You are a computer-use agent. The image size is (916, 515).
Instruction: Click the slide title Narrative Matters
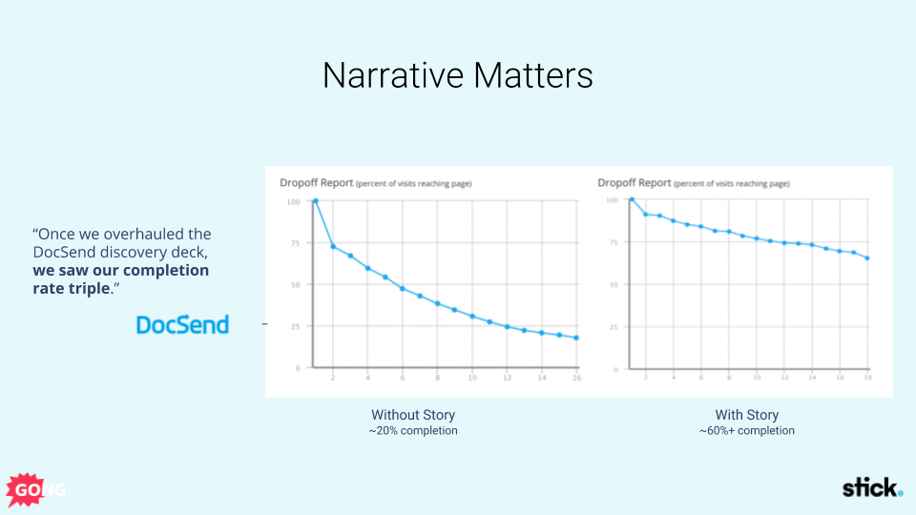pos(457,75)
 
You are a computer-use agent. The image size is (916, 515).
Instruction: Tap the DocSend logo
pos(182,325)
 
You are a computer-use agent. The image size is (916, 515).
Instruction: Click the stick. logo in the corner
pos(871,488)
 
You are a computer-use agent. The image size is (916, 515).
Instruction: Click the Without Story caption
pos(413,415)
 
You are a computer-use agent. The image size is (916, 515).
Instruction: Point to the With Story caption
pos(747,415)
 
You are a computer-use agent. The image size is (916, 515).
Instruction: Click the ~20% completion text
pos(413,431)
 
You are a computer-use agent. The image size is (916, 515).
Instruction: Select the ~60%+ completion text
pos(747,431)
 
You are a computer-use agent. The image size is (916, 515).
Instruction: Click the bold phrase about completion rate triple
pos(120,279)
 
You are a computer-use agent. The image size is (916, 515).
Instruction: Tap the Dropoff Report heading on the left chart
pos(316,182)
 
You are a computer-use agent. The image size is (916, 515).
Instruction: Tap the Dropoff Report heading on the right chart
pos(634,182)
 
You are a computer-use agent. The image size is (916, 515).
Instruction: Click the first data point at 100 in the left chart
pos(315,201)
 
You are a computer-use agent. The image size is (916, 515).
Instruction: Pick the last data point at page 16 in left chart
pos(576,338)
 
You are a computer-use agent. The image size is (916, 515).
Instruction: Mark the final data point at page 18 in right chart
pos(867,257)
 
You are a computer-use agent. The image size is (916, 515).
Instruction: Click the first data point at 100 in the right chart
pos(632,199)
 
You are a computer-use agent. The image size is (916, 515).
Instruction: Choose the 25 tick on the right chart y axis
pos(611,326)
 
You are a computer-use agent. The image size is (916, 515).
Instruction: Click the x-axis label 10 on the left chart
pos(471,379)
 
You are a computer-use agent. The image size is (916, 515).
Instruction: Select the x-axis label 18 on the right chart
pos(866,378)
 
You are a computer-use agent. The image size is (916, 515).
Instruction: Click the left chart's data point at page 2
pos(333,247)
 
